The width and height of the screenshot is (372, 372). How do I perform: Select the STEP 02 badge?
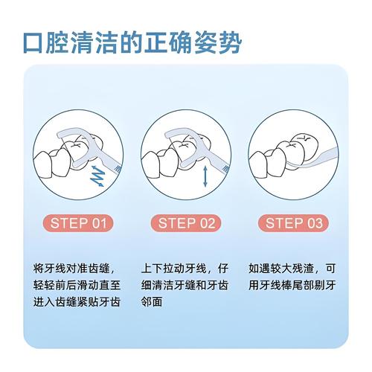[x=187, y=222]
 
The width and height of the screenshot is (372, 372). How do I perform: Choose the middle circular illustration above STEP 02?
[x=186, y=154]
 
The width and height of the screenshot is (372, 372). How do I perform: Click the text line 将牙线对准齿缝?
[x=75, y=268]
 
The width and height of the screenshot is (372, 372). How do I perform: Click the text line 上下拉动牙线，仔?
[x=186, y=268]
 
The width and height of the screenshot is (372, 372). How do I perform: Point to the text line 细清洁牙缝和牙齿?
[x=186, y=285]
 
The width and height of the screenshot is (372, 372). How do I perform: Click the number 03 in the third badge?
[x=313, y=222]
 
